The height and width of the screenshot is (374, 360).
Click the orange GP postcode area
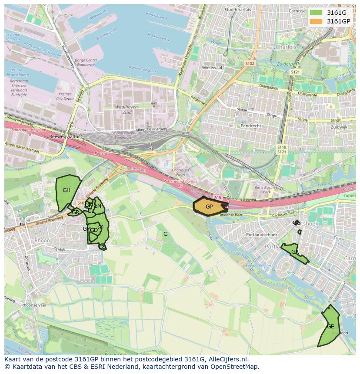click(x=209, y=206)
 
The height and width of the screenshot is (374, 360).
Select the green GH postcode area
click(x=67, y=191)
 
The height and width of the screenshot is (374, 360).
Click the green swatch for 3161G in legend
click(x=316, y=13)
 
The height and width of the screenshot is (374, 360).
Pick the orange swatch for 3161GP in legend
click(x=316, y=21)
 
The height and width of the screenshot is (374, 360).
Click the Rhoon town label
click(x=42, y=240)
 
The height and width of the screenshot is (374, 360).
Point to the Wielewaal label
click(x=212, y=68)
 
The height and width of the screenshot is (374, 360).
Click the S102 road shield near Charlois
click(x=250, y=63)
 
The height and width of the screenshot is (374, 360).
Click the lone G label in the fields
click(x=165, y=234)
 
